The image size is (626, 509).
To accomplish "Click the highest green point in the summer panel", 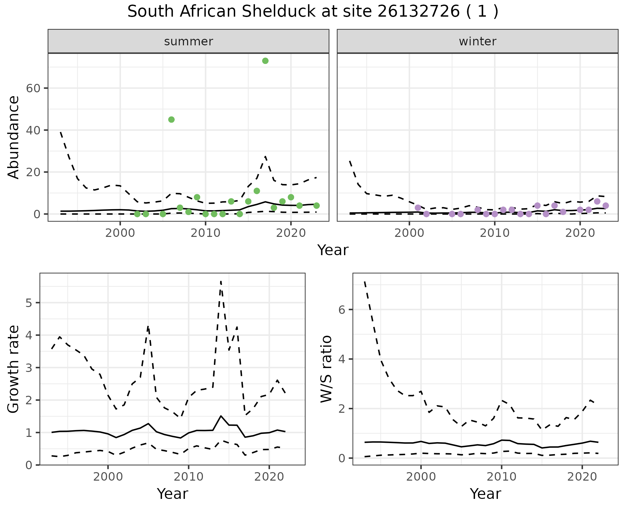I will (x=265, y=61).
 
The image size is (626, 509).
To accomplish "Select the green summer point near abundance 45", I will (x=171, y=120).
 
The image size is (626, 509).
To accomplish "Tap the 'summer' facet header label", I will (x=188, y=41).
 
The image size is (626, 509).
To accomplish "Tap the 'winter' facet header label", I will (x=477, y=41).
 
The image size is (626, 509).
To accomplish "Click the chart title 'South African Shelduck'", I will (x=312, y=12).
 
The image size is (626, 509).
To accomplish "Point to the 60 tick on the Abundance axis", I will (x=33, y=88).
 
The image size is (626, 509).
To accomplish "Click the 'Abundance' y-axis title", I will (x=14, y=137).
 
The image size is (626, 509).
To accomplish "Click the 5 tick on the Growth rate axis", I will (x=29, y=303).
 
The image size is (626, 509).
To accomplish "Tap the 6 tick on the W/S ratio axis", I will (x=342, y=310).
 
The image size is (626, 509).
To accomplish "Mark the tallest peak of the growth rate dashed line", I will (x=221, y=281).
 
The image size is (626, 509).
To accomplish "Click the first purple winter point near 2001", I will (x=418, y=208).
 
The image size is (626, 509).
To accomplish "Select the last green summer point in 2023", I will (x=316, y=206).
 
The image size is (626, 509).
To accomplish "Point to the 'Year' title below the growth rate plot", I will (x=172, y=494).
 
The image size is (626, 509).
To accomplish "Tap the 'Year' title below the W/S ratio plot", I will (x=485, y=494).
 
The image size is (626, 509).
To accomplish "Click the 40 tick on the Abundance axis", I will (x=33, y=130).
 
